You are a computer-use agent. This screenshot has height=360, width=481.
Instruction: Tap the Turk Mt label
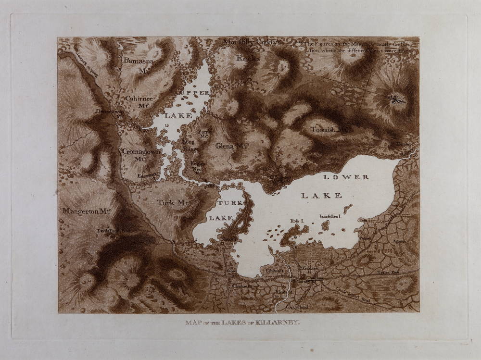(172, 203)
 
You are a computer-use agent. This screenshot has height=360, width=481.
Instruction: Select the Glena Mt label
(231, 146)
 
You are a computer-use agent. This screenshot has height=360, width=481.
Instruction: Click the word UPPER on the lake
(194, 92)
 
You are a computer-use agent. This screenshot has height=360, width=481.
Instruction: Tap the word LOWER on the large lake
(346, 177)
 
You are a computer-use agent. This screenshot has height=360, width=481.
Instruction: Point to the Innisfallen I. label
(330, 217)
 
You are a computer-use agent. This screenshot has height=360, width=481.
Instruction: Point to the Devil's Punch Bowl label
(114, 230)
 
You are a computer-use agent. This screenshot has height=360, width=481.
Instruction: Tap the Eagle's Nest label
(198, 166)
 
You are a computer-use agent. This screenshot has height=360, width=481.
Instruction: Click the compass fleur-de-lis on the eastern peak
(397, 100)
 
